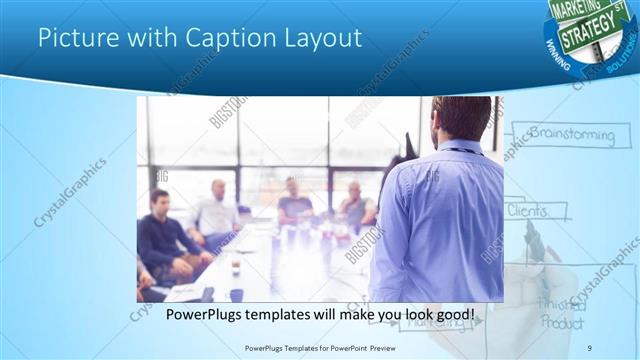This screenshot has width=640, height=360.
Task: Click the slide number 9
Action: click(590, 347)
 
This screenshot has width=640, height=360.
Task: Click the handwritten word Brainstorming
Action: click(571, 133)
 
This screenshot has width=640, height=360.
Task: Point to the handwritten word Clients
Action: click(528, 211)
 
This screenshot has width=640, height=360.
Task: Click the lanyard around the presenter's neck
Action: click(459, 150)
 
